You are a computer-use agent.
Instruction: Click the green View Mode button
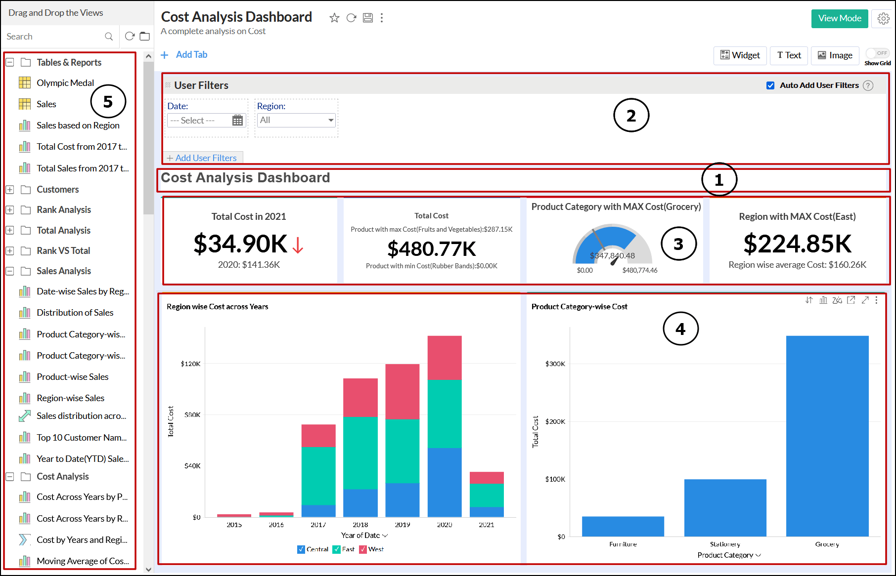tap(839, 18)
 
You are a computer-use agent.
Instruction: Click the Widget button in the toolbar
tap(740, 55)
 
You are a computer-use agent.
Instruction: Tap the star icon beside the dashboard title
tap(334, 18)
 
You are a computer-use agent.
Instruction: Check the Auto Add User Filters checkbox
tap(770, 85)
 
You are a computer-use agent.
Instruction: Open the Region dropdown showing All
tap(296, 120)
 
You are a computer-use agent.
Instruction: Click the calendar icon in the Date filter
tap(237, 120)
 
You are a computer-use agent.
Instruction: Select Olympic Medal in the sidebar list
tap(65, 83)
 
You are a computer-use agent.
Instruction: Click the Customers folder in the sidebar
tap(57, 190)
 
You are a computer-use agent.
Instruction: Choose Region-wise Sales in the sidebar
tap(70, 398)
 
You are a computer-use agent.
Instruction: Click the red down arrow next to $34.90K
tap(298, 245)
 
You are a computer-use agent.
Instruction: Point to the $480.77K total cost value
tap(431, 249)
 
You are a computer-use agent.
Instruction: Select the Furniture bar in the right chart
tap(623, 526)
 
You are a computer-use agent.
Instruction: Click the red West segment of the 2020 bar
tap(444, 358)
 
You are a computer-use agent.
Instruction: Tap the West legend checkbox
tap(363, 549)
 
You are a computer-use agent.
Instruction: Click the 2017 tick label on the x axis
tap(318, 525)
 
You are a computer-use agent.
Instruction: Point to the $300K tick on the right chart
tap(555, 364)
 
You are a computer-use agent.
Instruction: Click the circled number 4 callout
tap(680, 329)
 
